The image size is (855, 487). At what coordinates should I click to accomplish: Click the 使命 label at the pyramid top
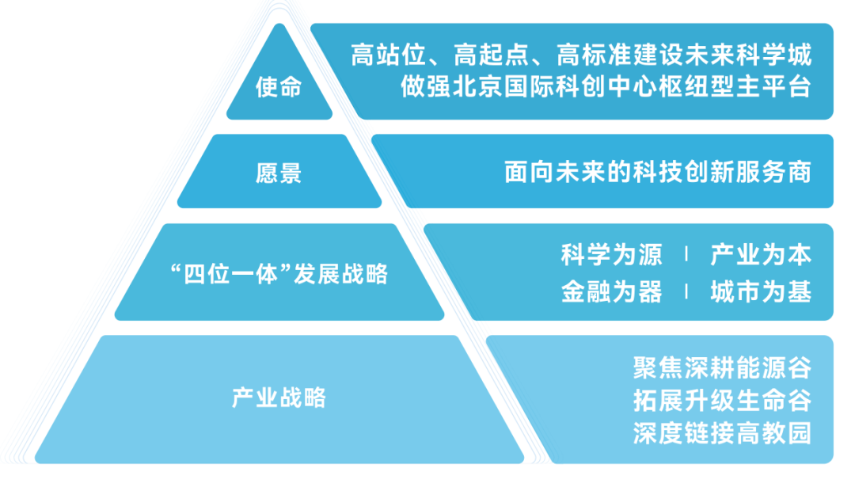[x=279, y=87]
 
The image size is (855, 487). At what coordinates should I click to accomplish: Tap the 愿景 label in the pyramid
[x=279, y=173]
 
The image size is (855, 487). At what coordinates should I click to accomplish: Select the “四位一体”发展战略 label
[x=279, y=274]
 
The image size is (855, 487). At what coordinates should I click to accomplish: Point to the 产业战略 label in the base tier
[x=279, y=398]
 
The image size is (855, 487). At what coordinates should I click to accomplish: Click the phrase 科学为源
[x=611, y=255]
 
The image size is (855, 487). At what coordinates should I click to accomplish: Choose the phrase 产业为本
[x=761, y=255]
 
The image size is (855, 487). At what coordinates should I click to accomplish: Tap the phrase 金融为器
[x=611, y=291]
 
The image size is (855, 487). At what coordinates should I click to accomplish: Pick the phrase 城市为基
[x=761, y=291]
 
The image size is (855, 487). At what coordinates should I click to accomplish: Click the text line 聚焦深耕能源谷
[x=723, y=368]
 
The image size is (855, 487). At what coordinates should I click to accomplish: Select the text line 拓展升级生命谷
[x=723, y=401]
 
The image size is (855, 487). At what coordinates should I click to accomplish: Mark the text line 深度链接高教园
[x=723, y=434]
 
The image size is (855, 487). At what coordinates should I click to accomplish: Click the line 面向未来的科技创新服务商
[x=658, y=173]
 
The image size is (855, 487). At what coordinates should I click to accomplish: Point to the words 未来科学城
[x=748, y=55]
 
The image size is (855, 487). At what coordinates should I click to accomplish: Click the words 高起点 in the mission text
[x=492, y=55]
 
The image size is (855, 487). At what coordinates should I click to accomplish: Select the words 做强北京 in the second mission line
[x=451, y=87]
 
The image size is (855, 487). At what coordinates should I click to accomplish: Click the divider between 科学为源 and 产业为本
[x=686, y=253]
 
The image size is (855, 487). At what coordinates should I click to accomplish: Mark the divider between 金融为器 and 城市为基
[x=686, y=291]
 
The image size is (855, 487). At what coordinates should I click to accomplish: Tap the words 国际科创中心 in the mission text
[x=580, y=87]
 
